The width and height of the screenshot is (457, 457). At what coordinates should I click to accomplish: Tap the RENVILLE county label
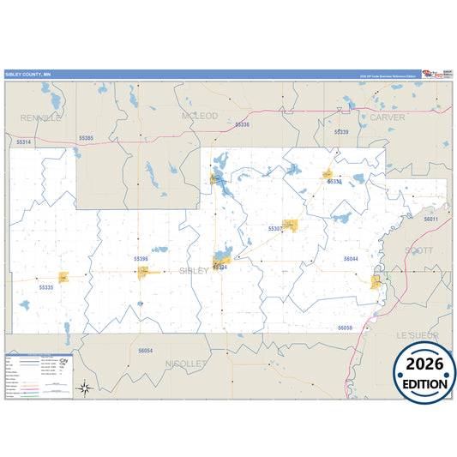[42, 117]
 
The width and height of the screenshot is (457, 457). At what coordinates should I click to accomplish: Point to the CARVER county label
[387, 117]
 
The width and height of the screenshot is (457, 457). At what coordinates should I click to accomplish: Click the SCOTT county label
[418, 250]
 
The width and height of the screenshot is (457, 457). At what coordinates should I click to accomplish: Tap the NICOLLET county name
[186, 364]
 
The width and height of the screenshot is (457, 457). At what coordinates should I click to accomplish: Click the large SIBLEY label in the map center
[193, 271]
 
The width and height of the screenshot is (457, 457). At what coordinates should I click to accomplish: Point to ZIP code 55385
[86, 137]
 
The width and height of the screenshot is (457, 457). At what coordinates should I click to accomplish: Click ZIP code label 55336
[242, 124]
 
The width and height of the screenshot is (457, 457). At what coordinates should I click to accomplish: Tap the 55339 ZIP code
[341, 132]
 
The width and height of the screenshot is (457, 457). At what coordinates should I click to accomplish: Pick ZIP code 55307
[275, 229]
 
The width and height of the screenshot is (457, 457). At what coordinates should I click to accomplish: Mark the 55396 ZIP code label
[141, 258]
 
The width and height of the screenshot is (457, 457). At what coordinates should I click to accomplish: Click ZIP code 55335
[46, 287]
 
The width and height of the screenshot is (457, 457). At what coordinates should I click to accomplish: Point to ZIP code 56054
[145, 351]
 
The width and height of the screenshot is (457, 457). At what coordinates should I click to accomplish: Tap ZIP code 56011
[430, 219]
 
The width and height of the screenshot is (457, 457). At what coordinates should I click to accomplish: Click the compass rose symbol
[86, 387]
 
